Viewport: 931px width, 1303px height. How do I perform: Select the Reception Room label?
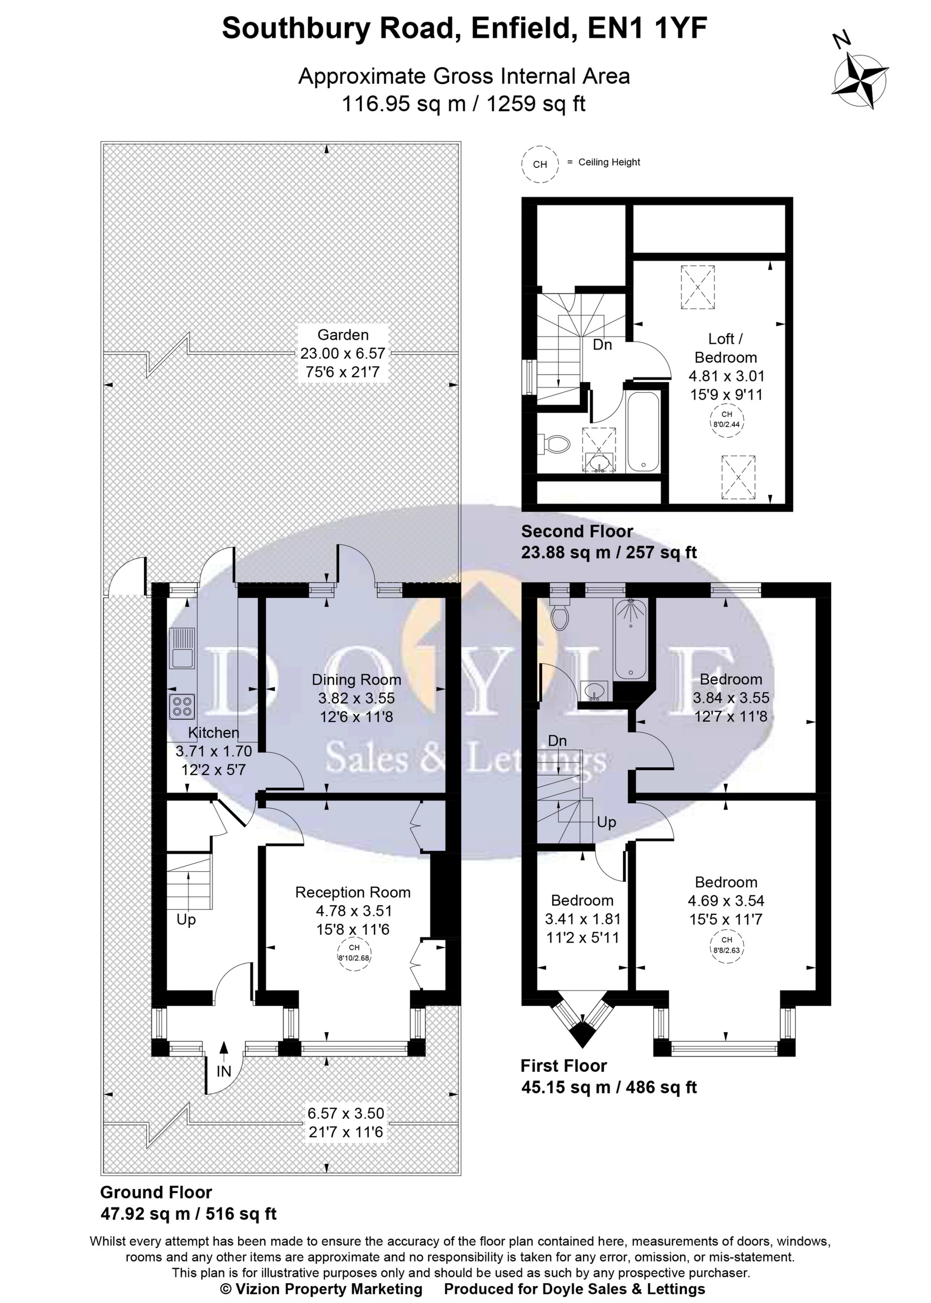point(353,892)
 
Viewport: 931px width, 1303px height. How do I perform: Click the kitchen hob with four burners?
point(182,706)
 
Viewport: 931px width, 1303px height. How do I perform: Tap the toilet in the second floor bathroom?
point(555,443)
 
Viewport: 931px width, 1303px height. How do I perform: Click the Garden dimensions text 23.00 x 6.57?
point(343,354)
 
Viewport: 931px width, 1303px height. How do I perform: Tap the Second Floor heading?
point(577,531)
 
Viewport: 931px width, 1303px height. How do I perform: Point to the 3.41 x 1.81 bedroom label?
point(583,919)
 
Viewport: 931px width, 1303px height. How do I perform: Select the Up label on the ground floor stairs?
point(186,920)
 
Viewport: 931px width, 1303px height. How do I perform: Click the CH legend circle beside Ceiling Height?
point(540,165)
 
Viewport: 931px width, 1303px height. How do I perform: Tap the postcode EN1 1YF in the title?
point(647,29)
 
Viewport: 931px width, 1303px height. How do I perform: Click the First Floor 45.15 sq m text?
point(608,1087)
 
